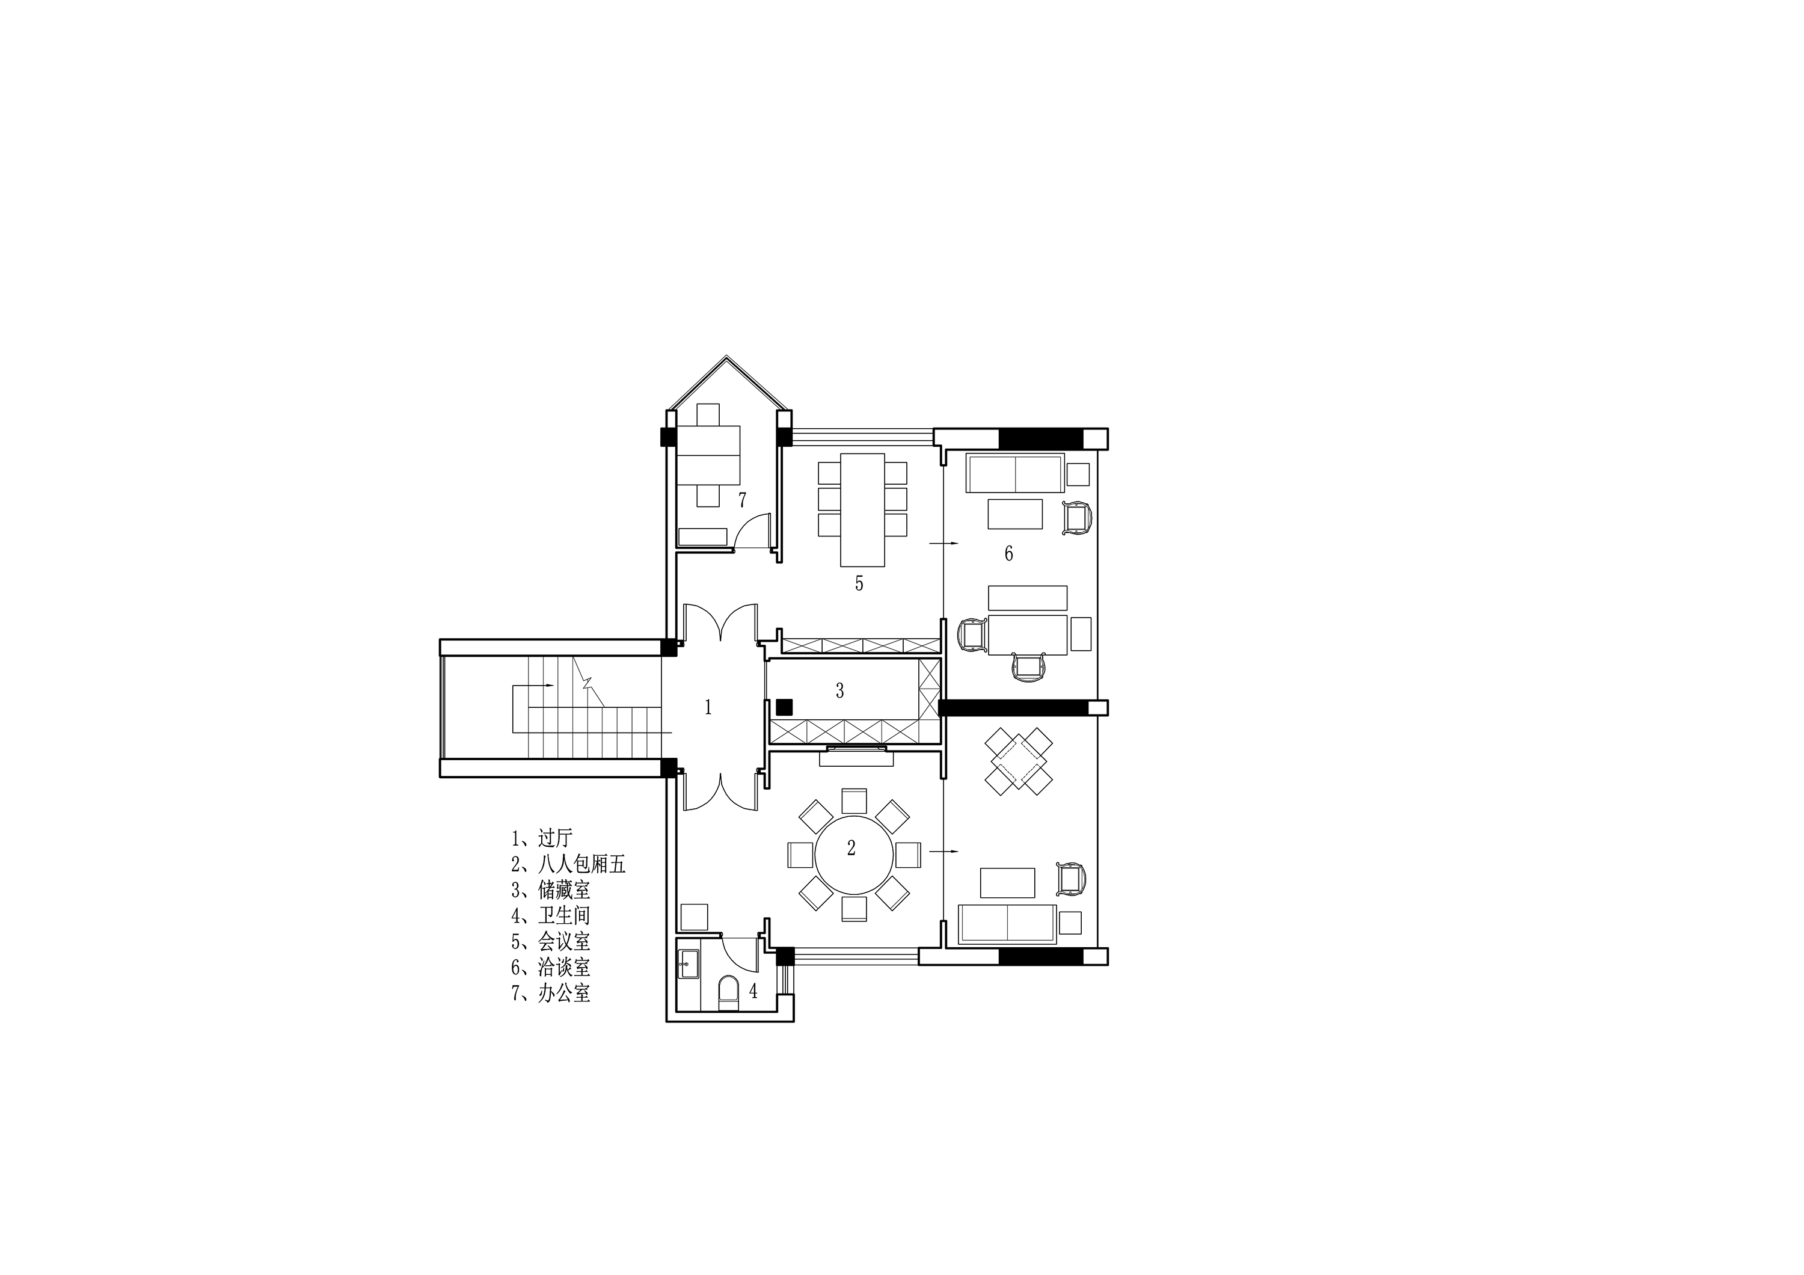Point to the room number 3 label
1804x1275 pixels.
[x=840, y=690]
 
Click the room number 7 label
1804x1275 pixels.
[x=741, y=500]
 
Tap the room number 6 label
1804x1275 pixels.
[x=1009, y=554]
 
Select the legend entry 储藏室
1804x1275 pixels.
[x=551, y=890]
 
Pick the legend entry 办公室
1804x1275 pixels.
[x=551, y=993]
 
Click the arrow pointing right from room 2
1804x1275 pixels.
[x=943, y=852]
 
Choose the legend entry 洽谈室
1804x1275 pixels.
[x=551, y=967]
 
